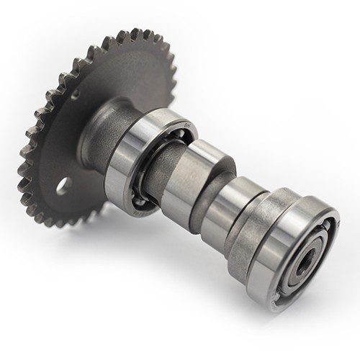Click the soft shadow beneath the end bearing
tap(288, 317)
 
